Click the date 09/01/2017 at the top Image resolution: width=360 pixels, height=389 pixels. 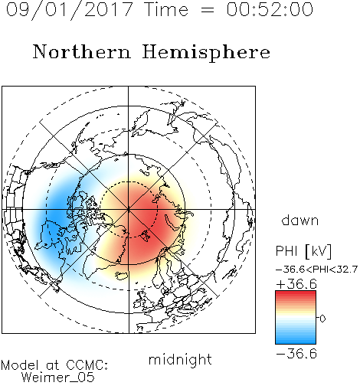[70, 10]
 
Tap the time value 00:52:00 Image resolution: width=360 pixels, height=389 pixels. [270, 9]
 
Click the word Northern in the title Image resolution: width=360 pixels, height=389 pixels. [82, 52]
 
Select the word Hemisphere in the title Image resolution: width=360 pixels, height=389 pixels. [206, 53]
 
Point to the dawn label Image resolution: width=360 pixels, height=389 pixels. [300, 220]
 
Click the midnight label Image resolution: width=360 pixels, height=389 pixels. [180, 359]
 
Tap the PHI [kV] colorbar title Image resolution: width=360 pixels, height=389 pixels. [303, 250]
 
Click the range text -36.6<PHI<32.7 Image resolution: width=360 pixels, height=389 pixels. [317, 270]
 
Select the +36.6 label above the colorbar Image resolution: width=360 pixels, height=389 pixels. [296, 284]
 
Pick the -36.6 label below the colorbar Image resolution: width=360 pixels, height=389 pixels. [296, 354]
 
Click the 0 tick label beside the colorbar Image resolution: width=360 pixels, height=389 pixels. [322, 319]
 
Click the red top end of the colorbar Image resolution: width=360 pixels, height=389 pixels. [296, 293]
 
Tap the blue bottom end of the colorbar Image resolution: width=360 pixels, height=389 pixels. [296, 342]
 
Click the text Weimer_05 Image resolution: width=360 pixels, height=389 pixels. [58, 378]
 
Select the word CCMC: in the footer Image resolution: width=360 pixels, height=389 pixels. [87, 365]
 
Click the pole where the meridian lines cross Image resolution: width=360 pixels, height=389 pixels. [129, 210]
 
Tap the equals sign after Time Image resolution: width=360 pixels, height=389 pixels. [207, 10]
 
